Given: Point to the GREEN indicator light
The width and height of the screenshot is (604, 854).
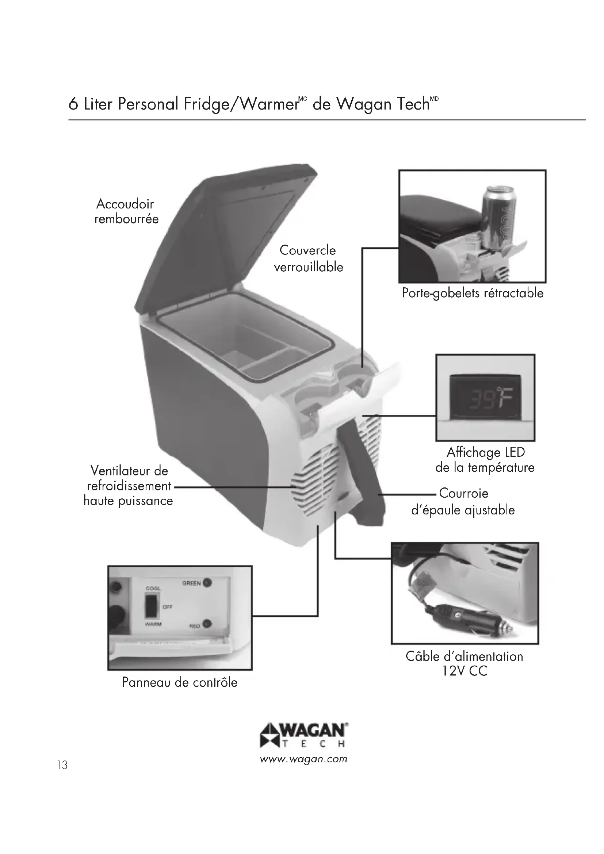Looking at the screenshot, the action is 207,583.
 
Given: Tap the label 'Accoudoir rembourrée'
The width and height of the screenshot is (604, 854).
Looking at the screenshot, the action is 126,211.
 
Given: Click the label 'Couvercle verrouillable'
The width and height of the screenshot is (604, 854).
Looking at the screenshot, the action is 308,258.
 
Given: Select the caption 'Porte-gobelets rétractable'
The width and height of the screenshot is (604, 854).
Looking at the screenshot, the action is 472,293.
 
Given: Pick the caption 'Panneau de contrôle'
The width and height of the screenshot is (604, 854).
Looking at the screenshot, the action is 180,682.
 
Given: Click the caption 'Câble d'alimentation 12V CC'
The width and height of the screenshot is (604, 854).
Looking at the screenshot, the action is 464,663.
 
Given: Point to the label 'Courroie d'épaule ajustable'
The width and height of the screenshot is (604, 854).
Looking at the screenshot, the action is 463,501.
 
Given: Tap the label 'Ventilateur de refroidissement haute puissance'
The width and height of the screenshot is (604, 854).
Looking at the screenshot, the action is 128,486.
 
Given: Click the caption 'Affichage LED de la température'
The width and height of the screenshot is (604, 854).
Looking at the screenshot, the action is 485,460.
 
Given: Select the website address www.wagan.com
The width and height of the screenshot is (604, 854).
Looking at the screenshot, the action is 303,759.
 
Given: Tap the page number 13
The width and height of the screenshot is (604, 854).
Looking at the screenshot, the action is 62,765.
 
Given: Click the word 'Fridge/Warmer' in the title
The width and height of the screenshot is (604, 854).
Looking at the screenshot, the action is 241,104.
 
